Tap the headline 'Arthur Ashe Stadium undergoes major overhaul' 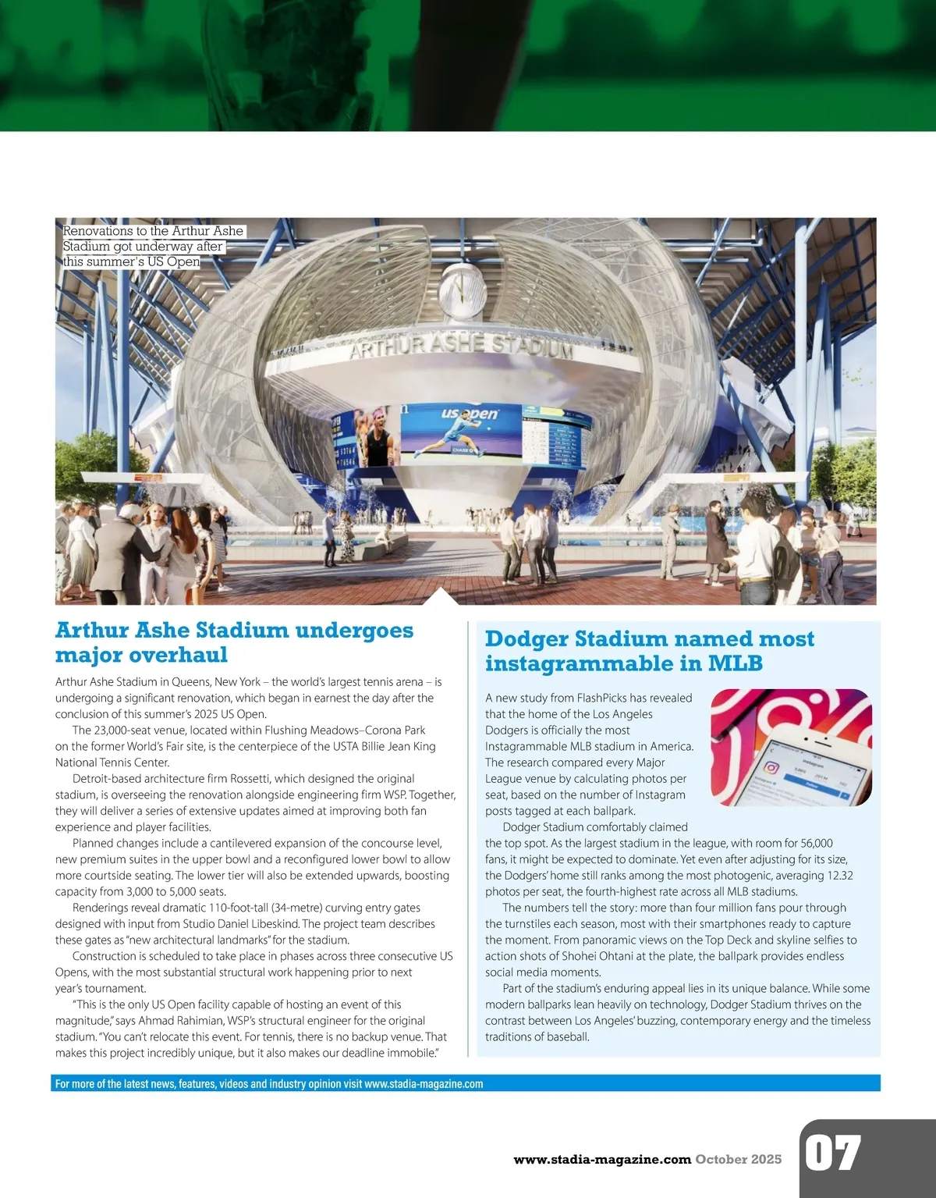(x=234, y=642)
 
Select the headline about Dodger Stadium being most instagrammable (x=649, y=651)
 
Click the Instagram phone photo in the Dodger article (x=790, y=747)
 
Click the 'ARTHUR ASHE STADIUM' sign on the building (x=460, y=345)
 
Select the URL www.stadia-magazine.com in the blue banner (x=424, y=1083)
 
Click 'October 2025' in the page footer (x=738, y=1159)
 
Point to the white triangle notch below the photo (x=442, y=597)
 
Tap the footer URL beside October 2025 (x=602, y=1159)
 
